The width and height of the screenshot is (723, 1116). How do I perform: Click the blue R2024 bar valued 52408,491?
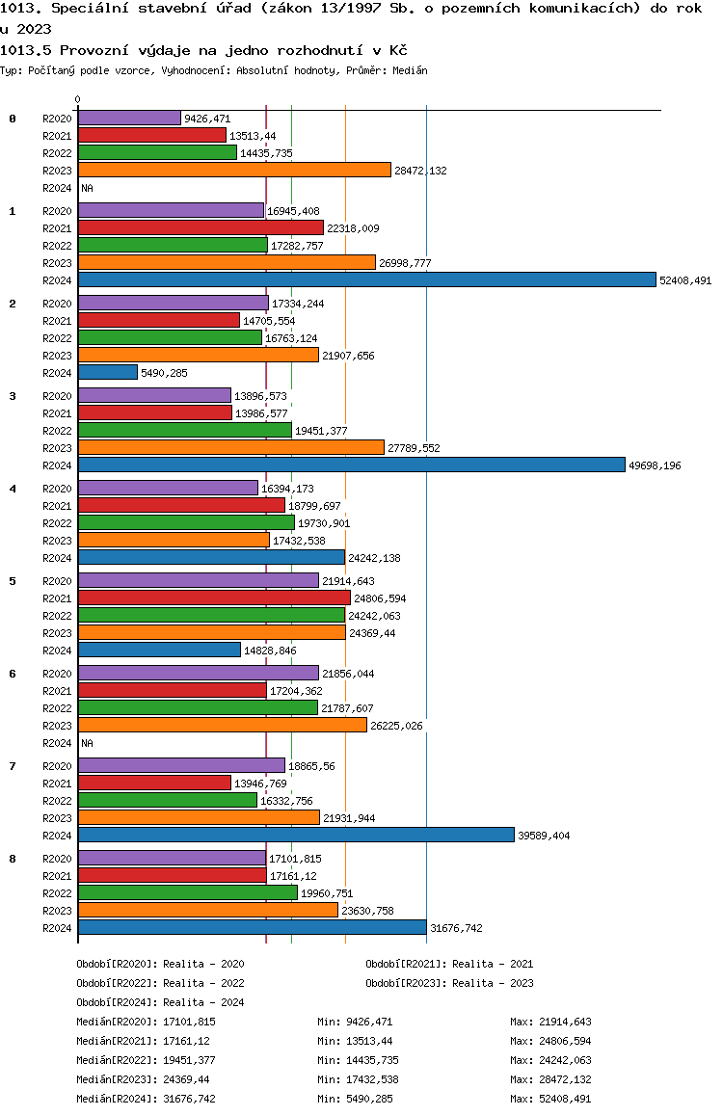pos(367,279)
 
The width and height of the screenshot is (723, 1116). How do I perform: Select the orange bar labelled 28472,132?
pos(235,171)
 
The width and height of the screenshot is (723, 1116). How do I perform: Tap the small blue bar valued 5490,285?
pos(107,372)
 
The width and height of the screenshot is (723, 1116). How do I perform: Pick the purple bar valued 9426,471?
pos(129,119)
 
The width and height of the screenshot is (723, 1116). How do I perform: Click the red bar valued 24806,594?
pos(214,598)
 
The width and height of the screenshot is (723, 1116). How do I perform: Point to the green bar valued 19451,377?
pos(185,430)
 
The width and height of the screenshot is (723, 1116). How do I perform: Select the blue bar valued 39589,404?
pos(296,835)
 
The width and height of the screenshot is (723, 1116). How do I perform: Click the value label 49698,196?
pos(655,465)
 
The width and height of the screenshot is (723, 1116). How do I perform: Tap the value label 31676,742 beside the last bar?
pos(456,928)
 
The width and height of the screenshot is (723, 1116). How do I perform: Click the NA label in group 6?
pos(87,743)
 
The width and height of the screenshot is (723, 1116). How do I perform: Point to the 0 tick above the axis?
pos(77,99)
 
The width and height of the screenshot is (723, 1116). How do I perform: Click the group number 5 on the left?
pos(13,581)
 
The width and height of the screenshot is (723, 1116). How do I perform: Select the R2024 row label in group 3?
pos(57,465)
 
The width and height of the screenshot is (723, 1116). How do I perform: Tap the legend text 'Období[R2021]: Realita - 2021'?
pos(449,964)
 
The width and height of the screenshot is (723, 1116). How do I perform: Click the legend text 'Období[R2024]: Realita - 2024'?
pos(160,1002)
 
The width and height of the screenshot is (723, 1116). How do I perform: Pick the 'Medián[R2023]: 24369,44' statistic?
pos(143,1079)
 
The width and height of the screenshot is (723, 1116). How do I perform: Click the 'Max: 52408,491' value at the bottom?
pos(550,1099)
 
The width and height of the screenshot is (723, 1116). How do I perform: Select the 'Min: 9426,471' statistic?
pos(355,1022)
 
